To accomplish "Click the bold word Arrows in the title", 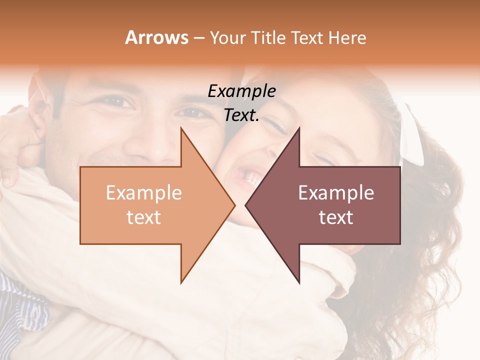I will point(156,37).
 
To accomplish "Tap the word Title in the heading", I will point(267,37).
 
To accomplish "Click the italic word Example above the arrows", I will point(241,91).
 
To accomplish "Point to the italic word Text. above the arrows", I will point(241,115).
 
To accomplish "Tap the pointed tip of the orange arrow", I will point(233,205).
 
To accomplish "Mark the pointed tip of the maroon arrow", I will point(246,205).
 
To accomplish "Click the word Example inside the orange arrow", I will point(144,193).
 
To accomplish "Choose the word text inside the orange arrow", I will point(144,217).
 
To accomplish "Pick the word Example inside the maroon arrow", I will point(336,193).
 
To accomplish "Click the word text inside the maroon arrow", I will point(336,217).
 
